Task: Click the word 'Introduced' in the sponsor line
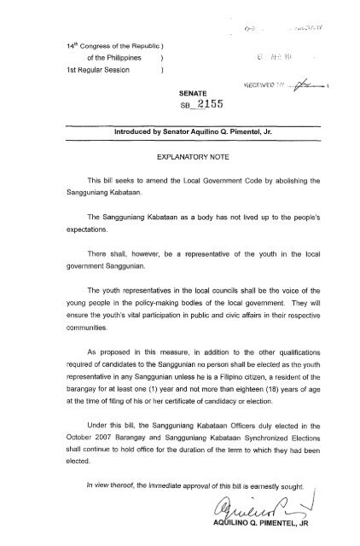[122, 134]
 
